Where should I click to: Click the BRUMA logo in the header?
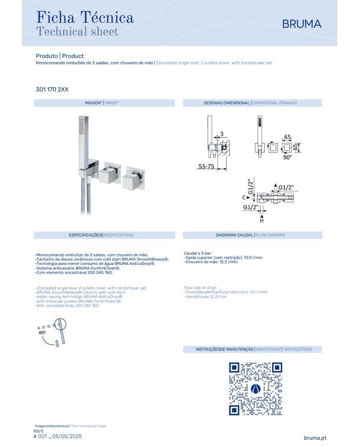tap(301, 24)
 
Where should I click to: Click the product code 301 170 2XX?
tap(52, 90)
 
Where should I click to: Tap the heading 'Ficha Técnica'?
tap(85, 17)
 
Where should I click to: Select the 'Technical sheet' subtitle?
tap(77, 31)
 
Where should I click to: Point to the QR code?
tap(256, 388)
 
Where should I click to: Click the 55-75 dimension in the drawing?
tap(206, 166)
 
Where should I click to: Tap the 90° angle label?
tap(287, 157)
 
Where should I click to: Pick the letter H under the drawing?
tap(262, 221)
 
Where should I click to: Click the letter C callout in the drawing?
tap(244, 198)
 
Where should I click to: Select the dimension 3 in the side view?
tap(222, 134)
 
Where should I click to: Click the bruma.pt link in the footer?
tap(315, 438)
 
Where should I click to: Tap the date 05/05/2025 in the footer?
tap(67, 436)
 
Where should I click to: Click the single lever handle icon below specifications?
tap(52, 332)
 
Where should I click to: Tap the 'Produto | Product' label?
tap(60, 56)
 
